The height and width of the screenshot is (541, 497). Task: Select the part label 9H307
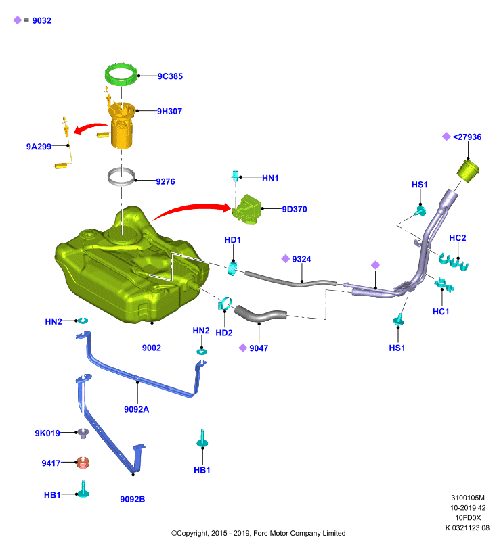point(169,111)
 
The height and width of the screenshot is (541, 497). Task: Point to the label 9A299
point(39,147)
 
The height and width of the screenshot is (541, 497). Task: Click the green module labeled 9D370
point(247,209)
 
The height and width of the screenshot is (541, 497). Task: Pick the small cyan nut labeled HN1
point(235,176)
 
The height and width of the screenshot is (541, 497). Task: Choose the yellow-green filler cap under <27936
point(469,170)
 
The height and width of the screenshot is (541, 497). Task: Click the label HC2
point(457,238)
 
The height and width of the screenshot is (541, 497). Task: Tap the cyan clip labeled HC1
point(444,285)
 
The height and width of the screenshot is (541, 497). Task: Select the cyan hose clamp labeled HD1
point(232,268)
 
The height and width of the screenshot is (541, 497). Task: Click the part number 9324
point(301,259)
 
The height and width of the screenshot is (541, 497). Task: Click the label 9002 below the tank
point(151,348)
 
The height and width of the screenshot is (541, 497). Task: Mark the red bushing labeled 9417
point(83,463)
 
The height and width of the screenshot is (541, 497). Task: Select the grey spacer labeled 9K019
point(83,433)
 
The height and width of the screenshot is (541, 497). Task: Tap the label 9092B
point(132,499)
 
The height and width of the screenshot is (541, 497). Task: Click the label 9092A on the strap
point(136,409)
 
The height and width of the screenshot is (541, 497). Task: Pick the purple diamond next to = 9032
point(18,20)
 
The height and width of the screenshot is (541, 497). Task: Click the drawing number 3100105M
point(468,498)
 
